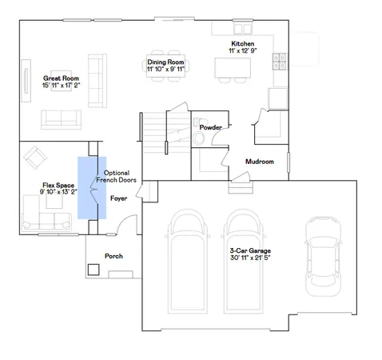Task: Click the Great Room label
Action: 58,78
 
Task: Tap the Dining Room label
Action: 165,62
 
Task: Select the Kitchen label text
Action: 242,44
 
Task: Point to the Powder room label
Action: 211,127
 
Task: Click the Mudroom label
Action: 260,162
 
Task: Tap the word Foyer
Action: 118,196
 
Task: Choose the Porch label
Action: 113,256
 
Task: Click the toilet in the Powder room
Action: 200,138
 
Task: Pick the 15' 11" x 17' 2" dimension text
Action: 58,85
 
